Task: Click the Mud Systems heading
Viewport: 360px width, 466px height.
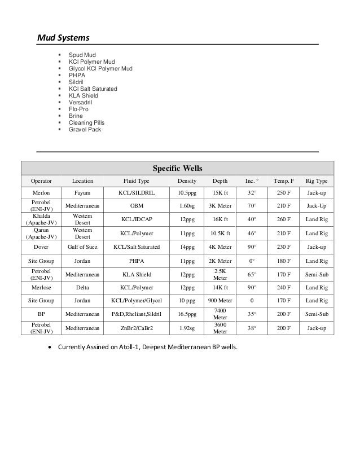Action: pos(63,38)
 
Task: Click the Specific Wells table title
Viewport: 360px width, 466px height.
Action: pos(178,168)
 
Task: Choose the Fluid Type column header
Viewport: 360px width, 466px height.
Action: pos(137,181)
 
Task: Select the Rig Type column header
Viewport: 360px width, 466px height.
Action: pos(316,181)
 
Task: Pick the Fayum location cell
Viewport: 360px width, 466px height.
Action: pos(83,193)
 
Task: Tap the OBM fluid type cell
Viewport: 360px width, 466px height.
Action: pos(137,206)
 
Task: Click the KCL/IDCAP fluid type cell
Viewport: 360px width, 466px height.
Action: pos(137,219)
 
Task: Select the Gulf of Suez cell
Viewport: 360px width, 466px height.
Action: pos(83,247)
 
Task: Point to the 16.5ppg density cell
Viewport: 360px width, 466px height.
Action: pos(187,314)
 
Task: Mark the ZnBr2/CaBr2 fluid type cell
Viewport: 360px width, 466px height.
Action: pos(137,328)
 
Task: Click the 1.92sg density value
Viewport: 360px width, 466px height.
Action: pos(187,328)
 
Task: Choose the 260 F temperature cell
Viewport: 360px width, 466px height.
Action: pos(282,219)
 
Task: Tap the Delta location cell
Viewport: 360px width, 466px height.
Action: pos(83,287)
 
